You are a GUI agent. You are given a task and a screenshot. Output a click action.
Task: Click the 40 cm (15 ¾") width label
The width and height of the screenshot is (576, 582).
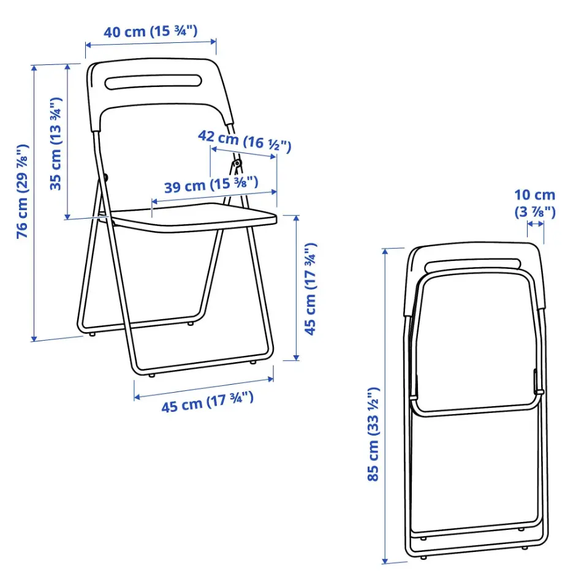coord(150,31)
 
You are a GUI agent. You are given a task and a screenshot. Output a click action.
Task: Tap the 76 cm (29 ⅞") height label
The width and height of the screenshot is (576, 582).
coord(22,191)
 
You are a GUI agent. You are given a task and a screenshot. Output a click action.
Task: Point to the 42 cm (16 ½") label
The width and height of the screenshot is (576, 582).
coord(244,142)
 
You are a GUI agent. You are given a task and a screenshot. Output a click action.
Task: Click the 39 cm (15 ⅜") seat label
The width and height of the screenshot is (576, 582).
coord(211,184)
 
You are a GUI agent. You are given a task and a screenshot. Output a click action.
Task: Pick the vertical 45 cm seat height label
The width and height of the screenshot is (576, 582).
coord(311,289)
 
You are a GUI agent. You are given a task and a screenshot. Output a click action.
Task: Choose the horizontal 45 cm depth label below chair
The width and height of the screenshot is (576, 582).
coord(207,402)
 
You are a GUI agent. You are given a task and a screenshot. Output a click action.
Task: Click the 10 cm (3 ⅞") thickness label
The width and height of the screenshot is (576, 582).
coord(534,203)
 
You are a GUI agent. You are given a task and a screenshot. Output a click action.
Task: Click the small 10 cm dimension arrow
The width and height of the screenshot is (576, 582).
coord(535,224)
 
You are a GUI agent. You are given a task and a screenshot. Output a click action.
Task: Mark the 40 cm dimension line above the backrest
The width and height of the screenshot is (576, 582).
coord(151,43)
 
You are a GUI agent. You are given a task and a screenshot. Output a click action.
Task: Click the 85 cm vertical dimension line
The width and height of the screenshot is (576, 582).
coord(385,404)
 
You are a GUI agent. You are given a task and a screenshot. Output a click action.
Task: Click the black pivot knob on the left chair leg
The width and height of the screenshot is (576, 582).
coord(105,178)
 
